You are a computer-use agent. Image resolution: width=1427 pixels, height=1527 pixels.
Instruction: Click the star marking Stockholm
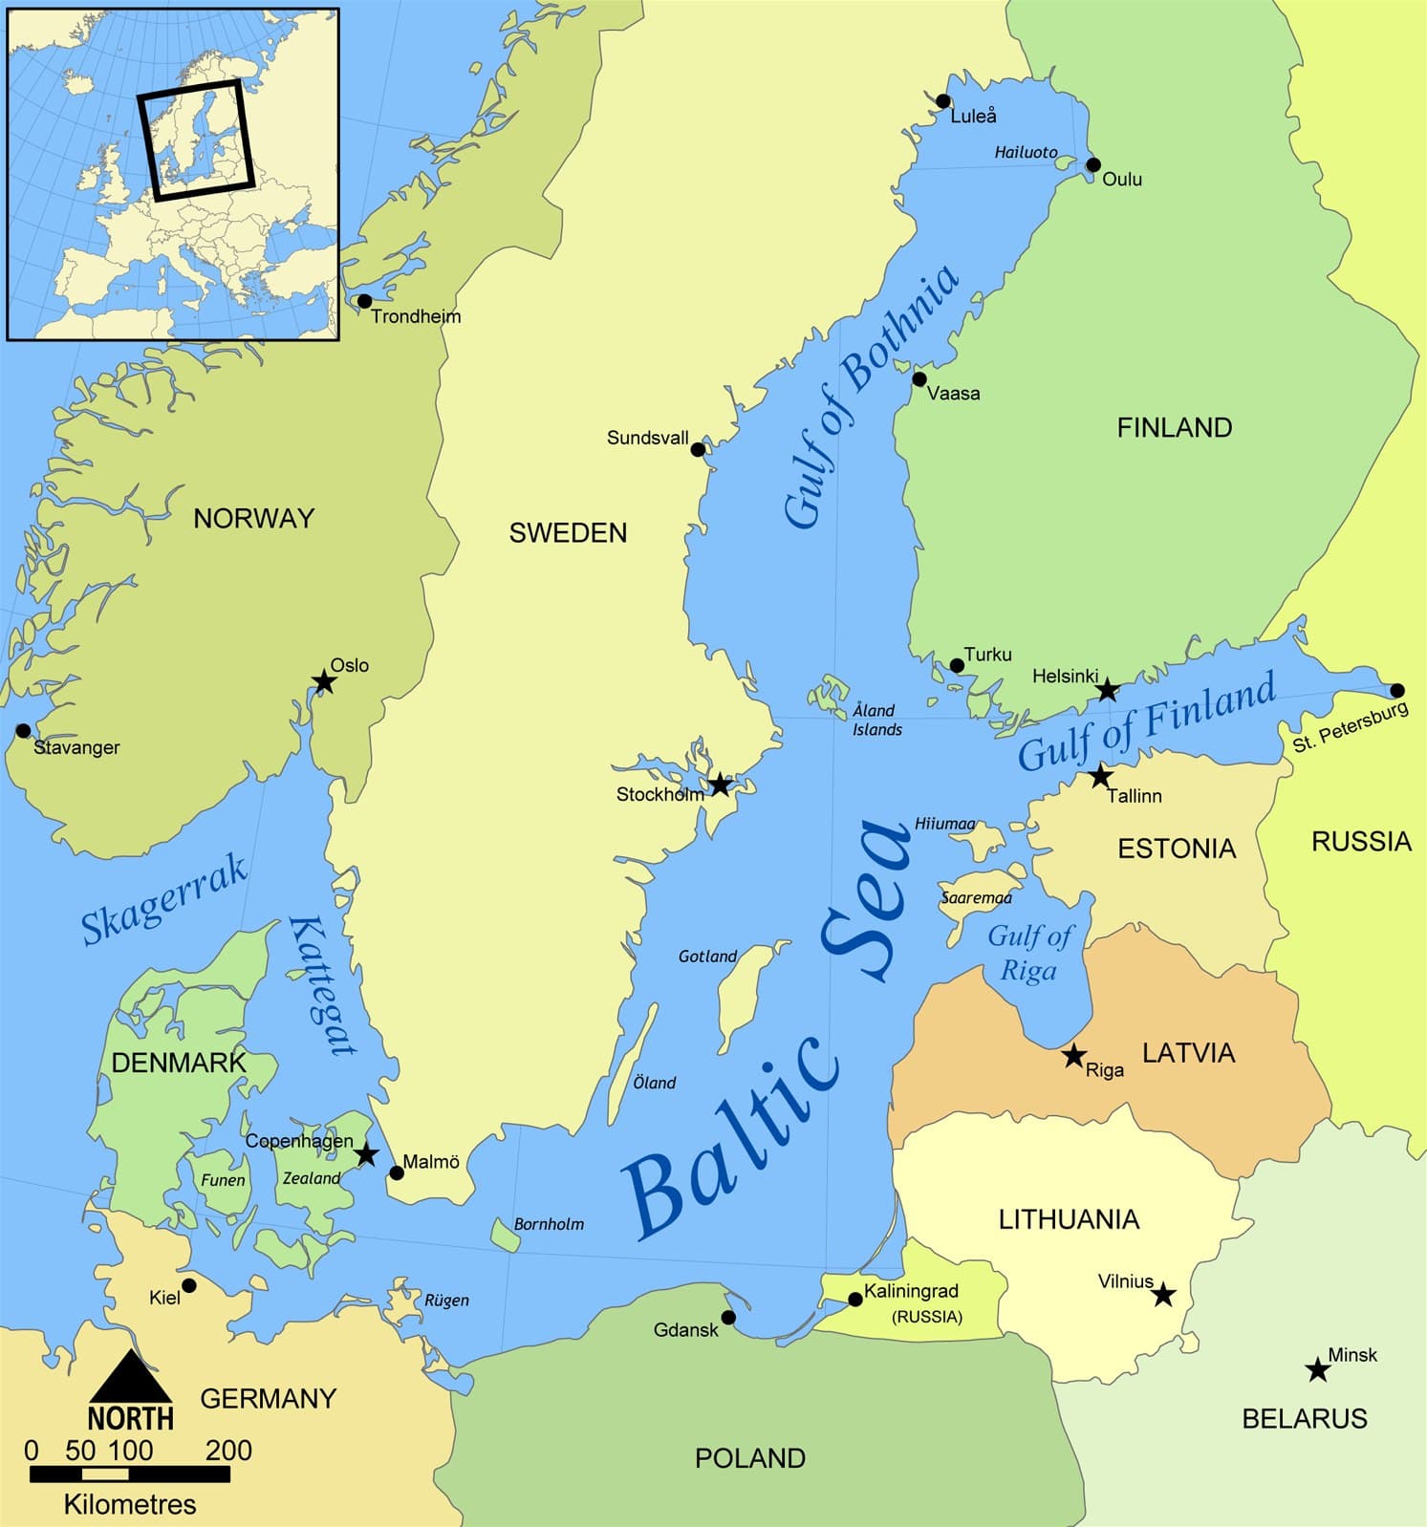(720, 785)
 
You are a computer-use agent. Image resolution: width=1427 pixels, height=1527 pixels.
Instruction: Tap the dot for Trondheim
(364, 301)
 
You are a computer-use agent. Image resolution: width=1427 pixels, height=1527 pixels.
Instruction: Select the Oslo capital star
(324, 681)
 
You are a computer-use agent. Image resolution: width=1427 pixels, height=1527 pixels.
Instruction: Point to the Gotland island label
(707, 957)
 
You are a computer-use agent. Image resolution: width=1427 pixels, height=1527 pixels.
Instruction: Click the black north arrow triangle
(131, 1377)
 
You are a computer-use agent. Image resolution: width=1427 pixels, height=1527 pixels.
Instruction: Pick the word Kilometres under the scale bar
(130, 1504)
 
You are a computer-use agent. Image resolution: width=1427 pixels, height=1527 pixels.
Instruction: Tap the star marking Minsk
(1318, 1370)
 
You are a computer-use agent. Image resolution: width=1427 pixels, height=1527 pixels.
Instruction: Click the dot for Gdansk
(728, 1318)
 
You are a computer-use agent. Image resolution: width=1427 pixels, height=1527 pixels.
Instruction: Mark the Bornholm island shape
(505, 1235)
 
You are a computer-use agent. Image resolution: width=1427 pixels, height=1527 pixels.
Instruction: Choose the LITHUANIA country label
(1069, 1219)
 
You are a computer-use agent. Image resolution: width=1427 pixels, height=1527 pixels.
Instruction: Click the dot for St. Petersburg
(1397, 691)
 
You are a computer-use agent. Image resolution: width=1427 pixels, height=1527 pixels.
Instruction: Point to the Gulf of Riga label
(1029, 953)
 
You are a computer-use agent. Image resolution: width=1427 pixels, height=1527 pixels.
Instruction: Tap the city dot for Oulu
(1093, 165)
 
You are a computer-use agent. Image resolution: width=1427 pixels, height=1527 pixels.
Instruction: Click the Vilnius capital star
(1162, 1295)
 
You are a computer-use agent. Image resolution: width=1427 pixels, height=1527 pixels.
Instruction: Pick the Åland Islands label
(876, 720)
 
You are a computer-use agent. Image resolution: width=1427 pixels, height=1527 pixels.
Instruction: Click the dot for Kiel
(189, 1285)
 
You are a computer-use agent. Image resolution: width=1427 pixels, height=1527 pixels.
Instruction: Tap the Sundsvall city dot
(698, 449)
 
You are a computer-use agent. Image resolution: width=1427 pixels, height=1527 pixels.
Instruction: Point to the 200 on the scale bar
(228, 1451)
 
